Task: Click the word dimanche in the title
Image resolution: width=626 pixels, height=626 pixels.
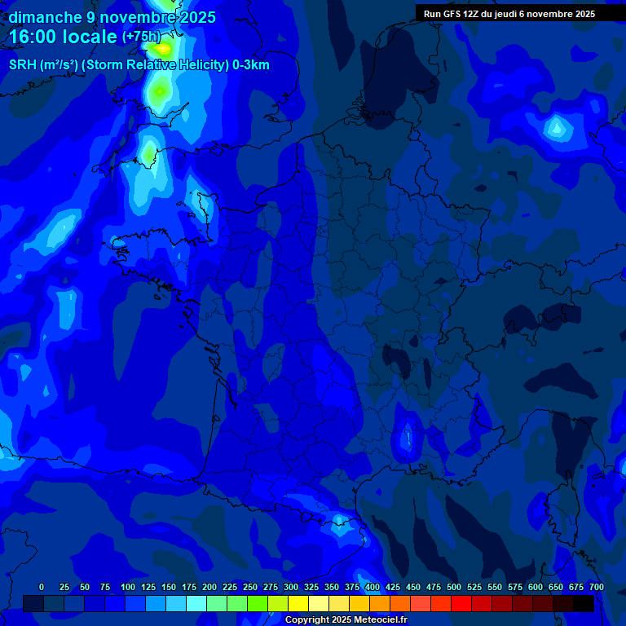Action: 45,17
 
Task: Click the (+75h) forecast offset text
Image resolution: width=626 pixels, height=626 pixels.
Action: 142,37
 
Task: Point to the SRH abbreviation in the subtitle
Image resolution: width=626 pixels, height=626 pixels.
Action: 23,65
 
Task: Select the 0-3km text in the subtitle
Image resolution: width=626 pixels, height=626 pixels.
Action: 250,65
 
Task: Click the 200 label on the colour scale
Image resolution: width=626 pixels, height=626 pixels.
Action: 209,587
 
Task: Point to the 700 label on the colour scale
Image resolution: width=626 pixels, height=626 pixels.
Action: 596,587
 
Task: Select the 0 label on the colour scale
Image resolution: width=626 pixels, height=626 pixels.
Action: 42,587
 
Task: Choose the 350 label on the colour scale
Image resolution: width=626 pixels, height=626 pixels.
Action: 332,587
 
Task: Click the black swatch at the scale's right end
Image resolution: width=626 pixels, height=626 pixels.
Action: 584,604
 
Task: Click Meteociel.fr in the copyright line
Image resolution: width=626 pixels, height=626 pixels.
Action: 376,619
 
